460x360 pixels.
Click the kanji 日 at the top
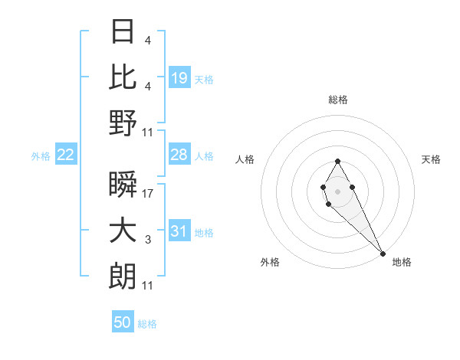[123, 32]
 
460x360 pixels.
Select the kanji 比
[123, 77]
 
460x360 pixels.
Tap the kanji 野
[123, 123]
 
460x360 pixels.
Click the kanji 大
[123, 231]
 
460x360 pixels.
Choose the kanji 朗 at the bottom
[123, 276]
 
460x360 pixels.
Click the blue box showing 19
[179, 77]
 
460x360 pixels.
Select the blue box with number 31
[179, 231]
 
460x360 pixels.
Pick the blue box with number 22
[66, 155]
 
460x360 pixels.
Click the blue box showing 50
[123, 322]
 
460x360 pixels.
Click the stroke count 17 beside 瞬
[148, 195]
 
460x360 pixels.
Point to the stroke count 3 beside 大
[148, 240]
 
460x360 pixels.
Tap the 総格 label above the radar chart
[337, 100]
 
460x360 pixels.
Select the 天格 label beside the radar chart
[431, 159]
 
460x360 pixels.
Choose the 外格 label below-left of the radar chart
[269, 262]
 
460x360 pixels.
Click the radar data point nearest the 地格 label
[383, 253]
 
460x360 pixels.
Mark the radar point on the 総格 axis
[337, 161]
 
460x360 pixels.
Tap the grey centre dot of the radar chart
[337, 190]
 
